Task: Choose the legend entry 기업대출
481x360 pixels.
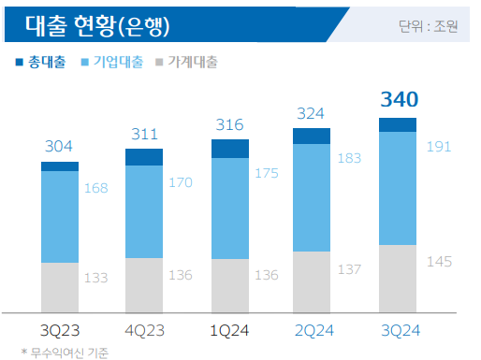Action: pyautogui.click(x=115, y=62)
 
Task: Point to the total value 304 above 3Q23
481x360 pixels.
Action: pyautogui.click(x=59, y=146)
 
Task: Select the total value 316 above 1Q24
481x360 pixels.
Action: pyautogui.click(x=229, y=124)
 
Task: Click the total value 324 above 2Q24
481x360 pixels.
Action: pyautogui.click(x=313, y=113)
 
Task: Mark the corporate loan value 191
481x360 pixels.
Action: pyautogui.click(x=440, y=146)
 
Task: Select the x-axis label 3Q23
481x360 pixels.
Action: pyautogui.click(x=59, y=329)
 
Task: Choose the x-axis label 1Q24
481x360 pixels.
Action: pyautogui.click(x=229, y=329)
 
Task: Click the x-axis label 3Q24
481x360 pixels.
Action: pyautogui.click(x=398, y=329)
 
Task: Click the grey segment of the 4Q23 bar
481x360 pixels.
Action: pyautogui.click(x=144, y=285)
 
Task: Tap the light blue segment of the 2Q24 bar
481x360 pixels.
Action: pyautogui.click(x=312, y=197)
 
